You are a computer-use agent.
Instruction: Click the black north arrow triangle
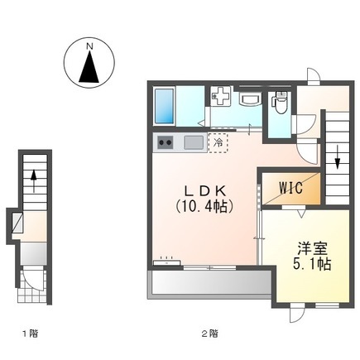click(x=89, y=67)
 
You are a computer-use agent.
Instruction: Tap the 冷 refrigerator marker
click(x=218, y=142)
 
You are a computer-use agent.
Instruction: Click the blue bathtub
click(x=165, y=105)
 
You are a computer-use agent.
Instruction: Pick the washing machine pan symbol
click(x=222, y=98)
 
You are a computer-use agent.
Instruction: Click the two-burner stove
click(x=164, y=142)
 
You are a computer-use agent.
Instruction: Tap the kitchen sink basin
click(x=193, y=142)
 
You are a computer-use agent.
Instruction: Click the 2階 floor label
click(x=209, y=334)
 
